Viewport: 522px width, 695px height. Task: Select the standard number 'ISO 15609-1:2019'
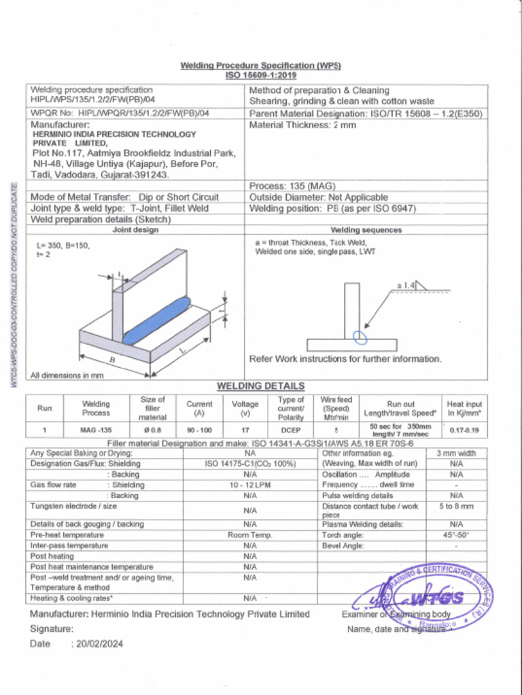(260, 75)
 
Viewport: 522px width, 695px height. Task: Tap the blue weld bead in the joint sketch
(157, 320)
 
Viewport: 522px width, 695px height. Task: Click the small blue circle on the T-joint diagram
(360, 335)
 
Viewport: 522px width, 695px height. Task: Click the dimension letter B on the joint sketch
(112, 358)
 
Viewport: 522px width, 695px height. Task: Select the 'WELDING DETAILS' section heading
(260, 386)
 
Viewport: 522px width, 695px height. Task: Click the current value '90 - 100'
(199, 430)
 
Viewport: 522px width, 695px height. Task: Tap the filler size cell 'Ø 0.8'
(152, 430)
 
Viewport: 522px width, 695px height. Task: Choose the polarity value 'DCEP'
(291, 430)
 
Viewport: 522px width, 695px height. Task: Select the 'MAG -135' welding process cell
(96, 430)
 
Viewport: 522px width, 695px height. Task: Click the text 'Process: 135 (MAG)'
(292, 186)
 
